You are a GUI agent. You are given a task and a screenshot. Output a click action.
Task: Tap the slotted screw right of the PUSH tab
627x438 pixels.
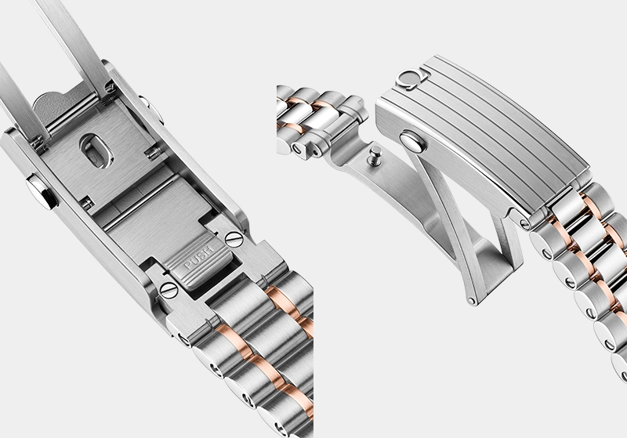tap(234, 240)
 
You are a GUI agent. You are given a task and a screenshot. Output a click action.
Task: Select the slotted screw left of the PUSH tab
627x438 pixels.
tap(169, 290)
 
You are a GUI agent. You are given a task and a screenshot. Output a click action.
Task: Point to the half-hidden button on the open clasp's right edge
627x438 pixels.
tap(152, 110)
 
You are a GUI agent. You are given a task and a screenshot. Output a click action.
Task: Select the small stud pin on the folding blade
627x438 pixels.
tap(375, 154)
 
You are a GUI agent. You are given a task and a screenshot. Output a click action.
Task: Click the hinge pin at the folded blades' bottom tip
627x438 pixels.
tap(473, 301)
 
